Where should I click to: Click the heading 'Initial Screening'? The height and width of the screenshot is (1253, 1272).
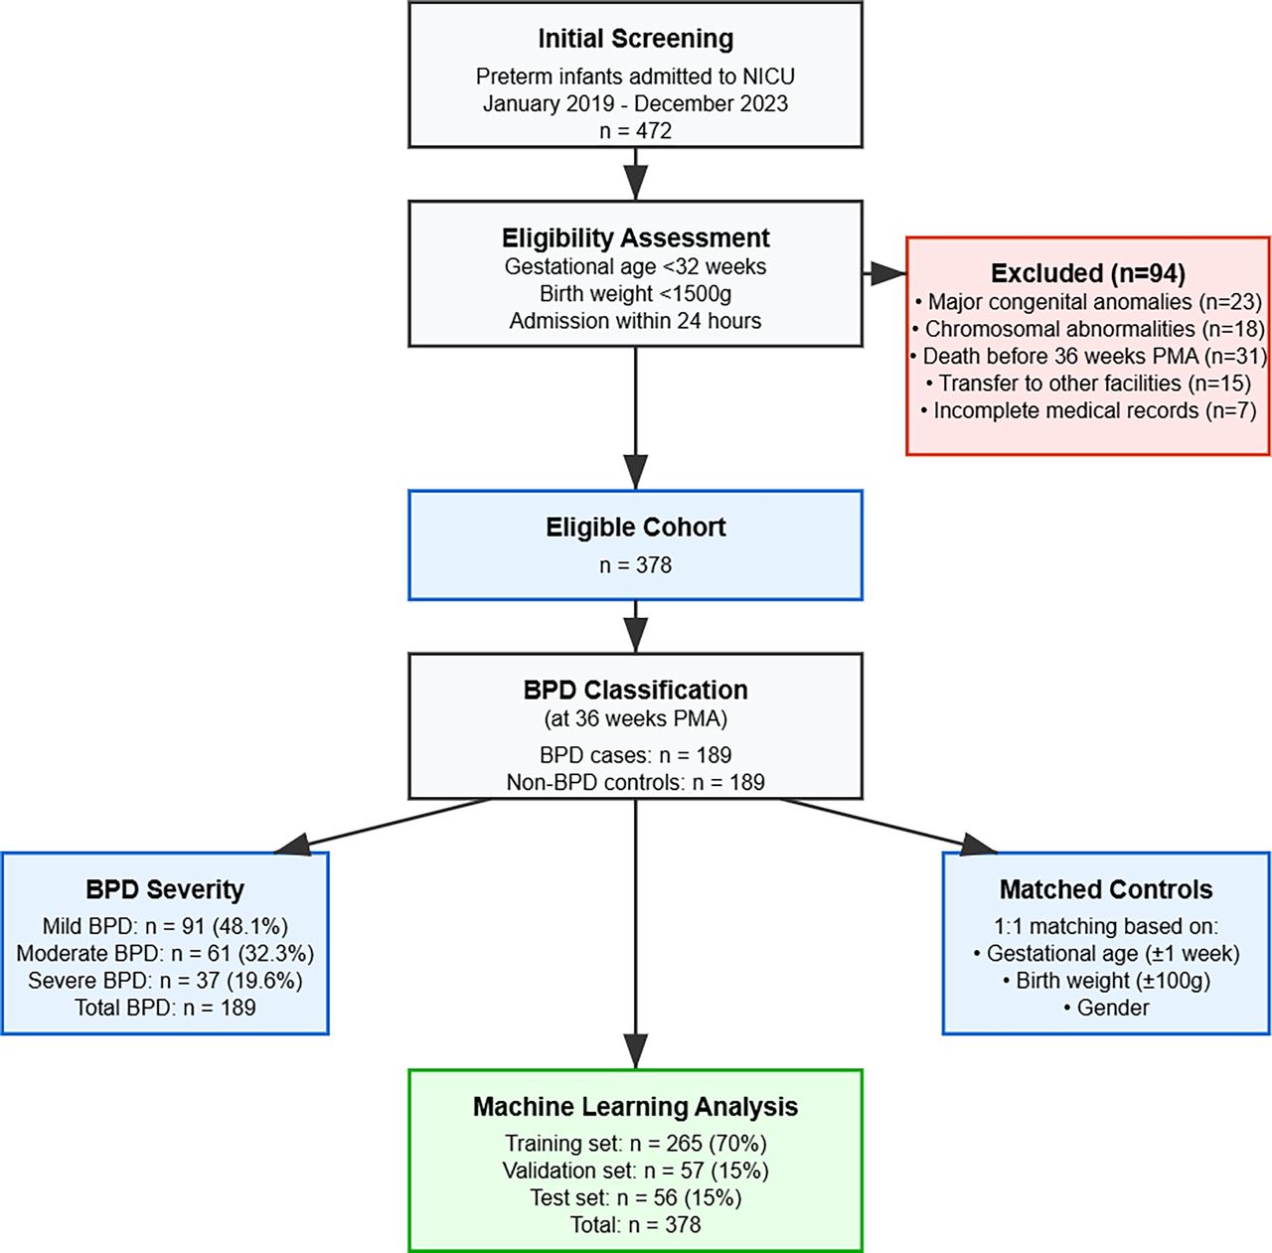coord(635,39)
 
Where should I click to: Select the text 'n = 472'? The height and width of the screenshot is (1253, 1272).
coord(635,130)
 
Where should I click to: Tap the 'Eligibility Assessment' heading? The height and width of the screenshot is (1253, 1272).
coord(635,237)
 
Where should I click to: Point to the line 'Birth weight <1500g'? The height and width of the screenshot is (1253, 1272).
coord(635,293)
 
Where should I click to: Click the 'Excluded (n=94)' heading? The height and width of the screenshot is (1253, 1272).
coord(1088,273)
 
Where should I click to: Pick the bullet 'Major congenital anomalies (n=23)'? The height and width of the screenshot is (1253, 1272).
coord(1088,301)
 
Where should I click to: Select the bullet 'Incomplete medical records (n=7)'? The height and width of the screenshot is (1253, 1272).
coord(1088,410)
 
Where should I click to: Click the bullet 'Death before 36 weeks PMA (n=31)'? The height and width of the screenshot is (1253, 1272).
coord(1088,356)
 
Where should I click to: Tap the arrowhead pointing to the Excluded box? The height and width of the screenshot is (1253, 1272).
coord(887,274)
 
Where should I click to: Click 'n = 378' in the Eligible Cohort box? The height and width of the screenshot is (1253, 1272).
coord(635,564)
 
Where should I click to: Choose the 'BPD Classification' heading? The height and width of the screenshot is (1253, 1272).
coord(635,690)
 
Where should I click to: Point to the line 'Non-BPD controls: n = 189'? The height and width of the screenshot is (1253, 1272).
coord(635,782)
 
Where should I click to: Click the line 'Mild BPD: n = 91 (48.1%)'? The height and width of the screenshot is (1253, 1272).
coord(165,926)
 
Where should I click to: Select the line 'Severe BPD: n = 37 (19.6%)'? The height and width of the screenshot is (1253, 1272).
coord(165,981)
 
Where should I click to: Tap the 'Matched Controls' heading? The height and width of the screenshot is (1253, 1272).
coord(1106,889)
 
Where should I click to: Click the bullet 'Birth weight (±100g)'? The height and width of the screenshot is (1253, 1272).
coord(1106,981)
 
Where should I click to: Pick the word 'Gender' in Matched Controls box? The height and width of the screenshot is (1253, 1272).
coord(1113,1008)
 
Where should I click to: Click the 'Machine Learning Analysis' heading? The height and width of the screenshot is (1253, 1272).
coord(635,1106)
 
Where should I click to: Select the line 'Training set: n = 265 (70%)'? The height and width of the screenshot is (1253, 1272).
coord(635,1143)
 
